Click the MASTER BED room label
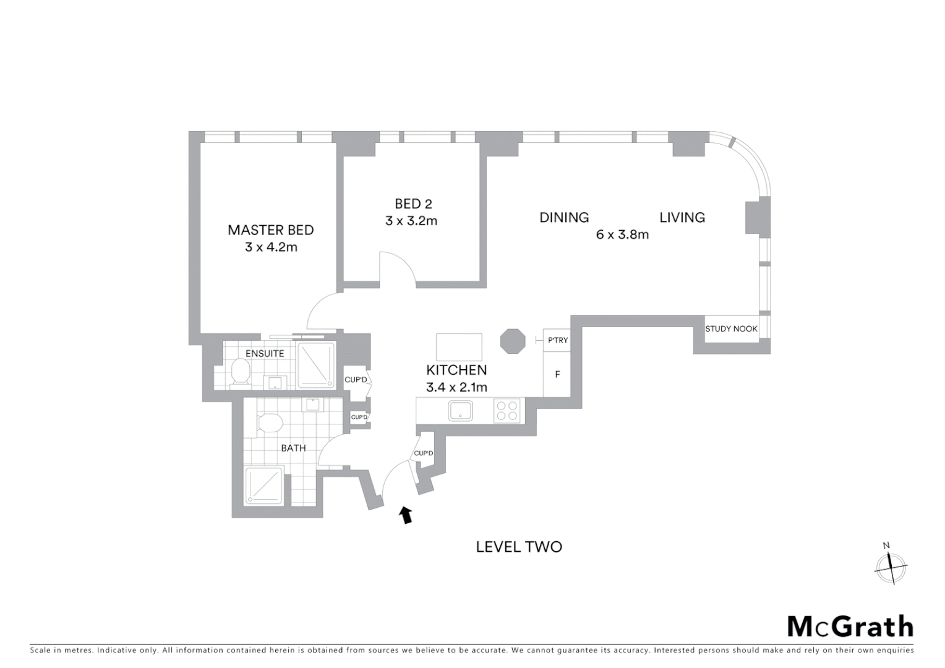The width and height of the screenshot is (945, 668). [270, 230]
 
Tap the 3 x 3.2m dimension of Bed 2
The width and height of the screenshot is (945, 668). [411, 221]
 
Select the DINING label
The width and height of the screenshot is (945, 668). [564, 218]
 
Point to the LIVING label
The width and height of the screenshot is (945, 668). [682, 218]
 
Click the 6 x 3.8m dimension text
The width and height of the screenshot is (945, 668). [622, 235]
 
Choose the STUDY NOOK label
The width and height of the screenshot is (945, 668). [731, 329]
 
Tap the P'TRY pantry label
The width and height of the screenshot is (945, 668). [557, 340]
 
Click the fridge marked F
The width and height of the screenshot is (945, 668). [557, 374]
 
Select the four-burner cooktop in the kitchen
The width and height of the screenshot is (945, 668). [507, 411]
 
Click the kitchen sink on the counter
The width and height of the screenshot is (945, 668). [460, 411]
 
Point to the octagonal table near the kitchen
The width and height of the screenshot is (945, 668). [512, 341]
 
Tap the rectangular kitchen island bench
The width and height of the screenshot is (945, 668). [459, 347]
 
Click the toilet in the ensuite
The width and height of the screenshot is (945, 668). [239, 373]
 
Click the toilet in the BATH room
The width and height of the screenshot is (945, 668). [269, 424]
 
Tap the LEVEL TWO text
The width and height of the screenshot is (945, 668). [518, 547]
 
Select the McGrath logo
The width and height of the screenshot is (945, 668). [850, 627]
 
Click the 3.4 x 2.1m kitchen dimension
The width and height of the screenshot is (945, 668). [456, 388]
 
